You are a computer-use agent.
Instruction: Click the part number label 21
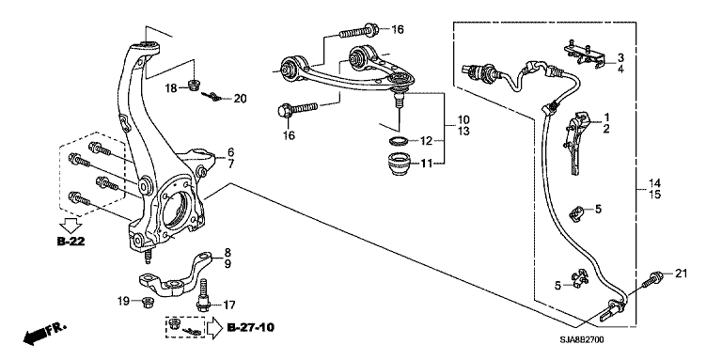[681, 274]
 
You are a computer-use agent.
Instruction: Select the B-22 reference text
[71, 242]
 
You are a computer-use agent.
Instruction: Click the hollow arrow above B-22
[71, 225]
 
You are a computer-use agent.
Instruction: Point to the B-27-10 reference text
[250, 328]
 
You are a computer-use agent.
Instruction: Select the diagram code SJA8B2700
[582, 339]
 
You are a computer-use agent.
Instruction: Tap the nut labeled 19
[148, 302]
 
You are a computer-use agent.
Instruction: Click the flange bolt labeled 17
[204, 295]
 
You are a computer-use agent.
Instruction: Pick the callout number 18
[171, 88]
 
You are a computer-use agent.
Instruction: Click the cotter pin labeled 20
[212, 96]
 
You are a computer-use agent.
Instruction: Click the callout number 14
[654, 183]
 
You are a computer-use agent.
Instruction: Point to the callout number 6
[230, 152]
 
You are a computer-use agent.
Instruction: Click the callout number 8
[228, 252]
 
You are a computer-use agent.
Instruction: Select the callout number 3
[620, 57]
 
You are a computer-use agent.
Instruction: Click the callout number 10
[463, 120]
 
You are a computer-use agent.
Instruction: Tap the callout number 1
[607, 117]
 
